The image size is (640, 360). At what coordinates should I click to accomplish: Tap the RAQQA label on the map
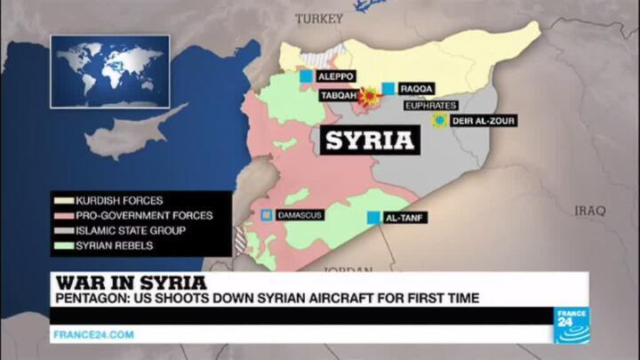click(x=417, y=88)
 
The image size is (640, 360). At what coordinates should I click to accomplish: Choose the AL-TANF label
click(x=404, y=217)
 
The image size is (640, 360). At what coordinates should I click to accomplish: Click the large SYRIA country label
click(x=369, y=140)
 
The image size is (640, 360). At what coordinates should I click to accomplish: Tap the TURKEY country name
click(x=318, y=18)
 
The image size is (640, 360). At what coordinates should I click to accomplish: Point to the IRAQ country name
click(x=588, y=211)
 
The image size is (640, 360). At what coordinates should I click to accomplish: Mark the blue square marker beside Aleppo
click(x=306, y=77)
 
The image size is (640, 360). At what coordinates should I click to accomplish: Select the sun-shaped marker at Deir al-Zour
click(x=438, y=120)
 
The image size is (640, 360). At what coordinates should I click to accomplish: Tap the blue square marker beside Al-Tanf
click(x=373, y=218)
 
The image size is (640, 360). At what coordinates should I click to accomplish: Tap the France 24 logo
click(x=572, y=324)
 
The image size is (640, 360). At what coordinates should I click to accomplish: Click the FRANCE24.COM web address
click(x=93, y=334)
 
